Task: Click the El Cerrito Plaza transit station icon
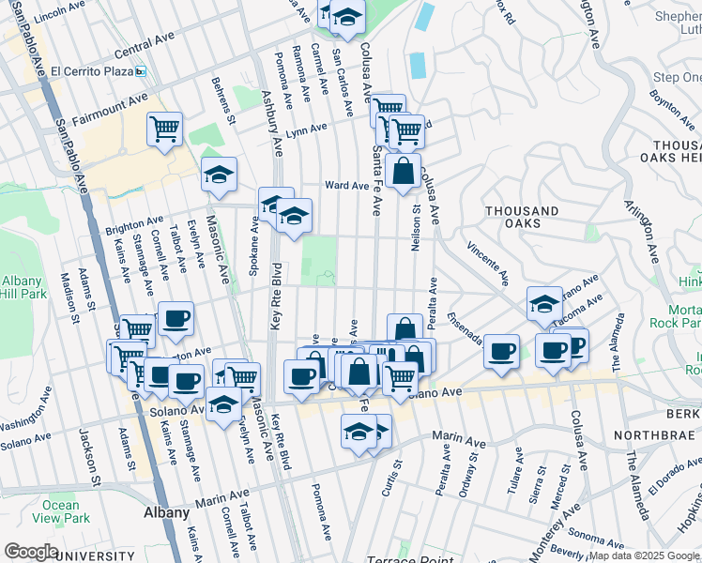point(140,70)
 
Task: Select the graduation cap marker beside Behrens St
point(219,175)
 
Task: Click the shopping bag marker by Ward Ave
point(403,172)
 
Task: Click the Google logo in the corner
point(31,552)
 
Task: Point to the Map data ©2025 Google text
point(644,555)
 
